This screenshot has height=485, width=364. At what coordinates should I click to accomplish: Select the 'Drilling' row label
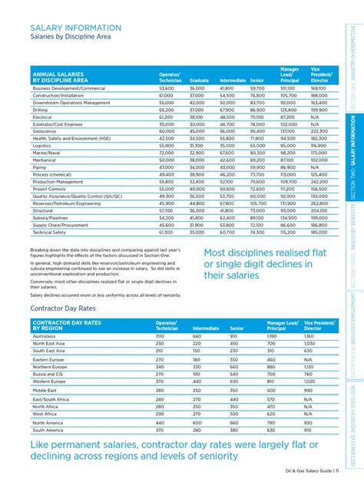click(x=41, y=110)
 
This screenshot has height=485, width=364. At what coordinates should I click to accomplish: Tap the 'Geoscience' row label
click(x=45, y=131)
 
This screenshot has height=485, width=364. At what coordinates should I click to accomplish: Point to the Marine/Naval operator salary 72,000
click(x=167, y=152)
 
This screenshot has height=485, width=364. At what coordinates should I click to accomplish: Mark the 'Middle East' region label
click(x=44, y=389)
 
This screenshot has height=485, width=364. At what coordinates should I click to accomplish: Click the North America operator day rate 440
click(x=160, y=422)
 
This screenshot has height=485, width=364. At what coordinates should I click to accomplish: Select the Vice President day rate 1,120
click(x=309, y=367)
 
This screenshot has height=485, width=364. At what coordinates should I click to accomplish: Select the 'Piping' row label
click(x=38, y=167)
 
